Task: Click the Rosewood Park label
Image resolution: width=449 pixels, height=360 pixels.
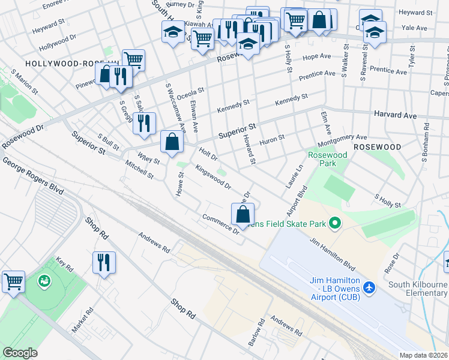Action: pyautogui.click(x=327, y=159)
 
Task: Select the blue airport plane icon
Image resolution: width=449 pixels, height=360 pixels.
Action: pyautogui.click(x=369, y=289)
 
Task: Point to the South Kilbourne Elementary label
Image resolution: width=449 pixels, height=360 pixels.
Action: pyautogui.click(x=418, y=289)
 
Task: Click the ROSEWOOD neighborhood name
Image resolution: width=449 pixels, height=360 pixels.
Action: pyautogui.click(x=376, y=147)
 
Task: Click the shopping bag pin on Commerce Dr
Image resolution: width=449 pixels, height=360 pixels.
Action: pyautogui.click(x=243, y=214)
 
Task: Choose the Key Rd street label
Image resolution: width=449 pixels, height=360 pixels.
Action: pyautogui.click(x=64, y=265)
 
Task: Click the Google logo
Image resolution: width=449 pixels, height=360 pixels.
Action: pyautogui.click(x=20, y=353)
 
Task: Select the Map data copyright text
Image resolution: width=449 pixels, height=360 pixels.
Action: pyautogui.click(x=424, y=355)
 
